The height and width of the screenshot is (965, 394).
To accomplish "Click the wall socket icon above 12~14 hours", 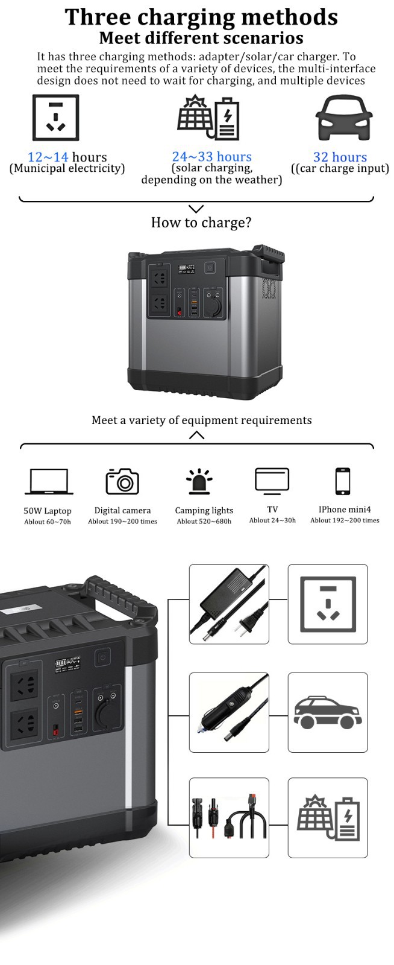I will (55, 118).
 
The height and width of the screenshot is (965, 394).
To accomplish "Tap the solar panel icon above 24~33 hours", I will (208, 118).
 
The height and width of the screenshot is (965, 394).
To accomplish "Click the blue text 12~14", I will (48, 157).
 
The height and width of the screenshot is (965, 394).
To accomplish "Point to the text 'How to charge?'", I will (201, 223).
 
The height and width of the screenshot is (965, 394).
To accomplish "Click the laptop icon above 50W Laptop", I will (48, 482).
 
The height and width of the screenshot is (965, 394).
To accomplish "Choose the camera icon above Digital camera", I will (122, 481).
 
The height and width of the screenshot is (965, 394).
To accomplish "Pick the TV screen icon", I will (272, 480).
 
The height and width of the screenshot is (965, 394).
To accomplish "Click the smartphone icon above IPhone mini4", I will (343, 481).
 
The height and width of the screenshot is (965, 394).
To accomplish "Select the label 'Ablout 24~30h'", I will (272, 520).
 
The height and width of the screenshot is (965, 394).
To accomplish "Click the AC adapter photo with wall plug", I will (229, 604).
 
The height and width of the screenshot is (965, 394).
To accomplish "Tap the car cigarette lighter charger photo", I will (229, 712).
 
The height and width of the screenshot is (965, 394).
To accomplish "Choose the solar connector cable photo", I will (229, 817).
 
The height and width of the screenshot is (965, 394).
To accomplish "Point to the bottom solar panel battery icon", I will (328, 818).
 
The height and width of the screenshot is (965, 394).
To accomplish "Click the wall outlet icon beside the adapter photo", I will (328, 604).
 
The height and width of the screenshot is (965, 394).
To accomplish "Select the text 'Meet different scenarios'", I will (201, 39).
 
